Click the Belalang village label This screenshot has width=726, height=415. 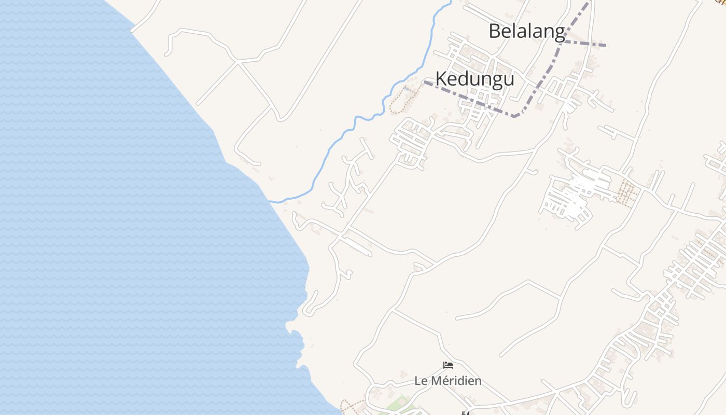click(x=526, y=31)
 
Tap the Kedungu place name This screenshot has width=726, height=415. click(x=474, y=79)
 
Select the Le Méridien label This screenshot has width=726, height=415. click(x=448, y=381)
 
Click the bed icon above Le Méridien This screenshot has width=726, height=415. click(x=448, y=365)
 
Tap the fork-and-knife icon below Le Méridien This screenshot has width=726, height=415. click(x=465, y=413)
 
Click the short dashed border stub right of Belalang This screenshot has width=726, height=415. click(x=586, y=44)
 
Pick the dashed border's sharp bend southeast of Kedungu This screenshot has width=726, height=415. click(x=515, y=116)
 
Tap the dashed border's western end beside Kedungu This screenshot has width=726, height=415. click(x=425, y=81)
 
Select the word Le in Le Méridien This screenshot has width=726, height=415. click(x=420, y=381)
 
